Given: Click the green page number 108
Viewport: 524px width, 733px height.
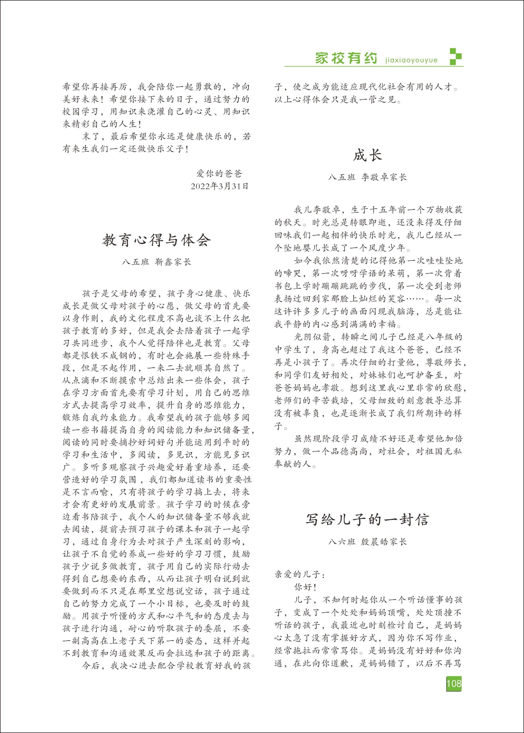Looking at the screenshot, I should pos(454,684).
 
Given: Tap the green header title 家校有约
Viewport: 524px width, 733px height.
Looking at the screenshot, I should pos(346,58).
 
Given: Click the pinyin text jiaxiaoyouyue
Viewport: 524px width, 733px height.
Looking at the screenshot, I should pos(411,60).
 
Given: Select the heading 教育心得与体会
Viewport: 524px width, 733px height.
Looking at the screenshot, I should pos(157,240).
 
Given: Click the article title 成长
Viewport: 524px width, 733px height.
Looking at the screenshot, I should pos(367,155).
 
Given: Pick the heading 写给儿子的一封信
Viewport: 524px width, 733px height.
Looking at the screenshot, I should pos(367,520).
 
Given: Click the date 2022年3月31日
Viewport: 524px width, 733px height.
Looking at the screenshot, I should pos(219,186).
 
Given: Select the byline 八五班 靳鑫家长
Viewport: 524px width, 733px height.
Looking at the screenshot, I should pos(157,262).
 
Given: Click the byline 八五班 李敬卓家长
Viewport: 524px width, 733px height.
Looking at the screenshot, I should pos(367,177).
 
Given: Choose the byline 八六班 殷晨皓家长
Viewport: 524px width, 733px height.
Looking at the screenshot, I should pos(367,541).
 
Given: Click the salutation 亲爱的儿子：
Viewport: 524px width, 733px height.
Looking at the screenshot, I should pos(300,574).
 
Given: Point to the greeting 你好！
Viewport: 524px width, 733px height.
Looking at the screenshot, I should pos(305,587).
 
